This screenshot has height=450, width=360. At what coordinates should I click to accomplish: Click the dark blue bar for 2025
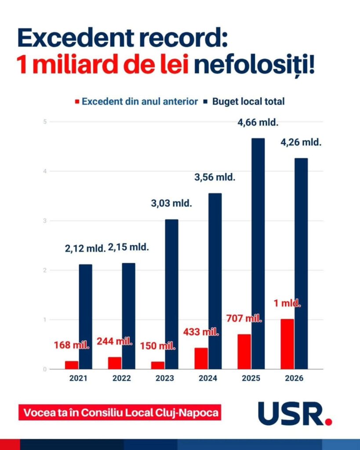coord(258,254)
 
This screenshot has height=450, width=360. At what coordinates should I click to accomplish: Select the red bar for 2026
coord(287,344)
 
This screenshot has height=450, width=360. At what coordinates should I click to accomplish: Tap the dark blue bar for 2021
coord(86,316)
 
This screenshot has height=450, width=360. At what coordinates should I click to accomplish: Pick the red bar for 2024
coord(201,358)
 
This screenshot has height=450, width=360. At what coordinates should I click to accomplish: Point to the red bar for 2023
coord(158,365)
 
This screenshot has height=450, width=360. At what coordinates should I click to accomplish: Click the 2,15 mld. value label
coord(128,247)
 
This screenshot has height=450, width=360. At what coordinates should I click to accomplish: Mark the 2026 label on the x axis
coord(294,379)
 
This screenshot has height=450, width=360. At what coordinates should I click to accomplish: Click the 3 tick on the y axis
coord(44,221)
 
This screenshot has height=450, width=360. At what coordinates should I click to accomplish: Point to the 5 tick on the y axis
coord(44,122)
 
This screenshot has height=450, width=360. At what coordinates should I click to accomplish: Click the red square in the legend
coord(77,102)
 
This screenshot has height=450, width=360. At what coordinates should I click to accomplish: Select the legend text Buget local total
coord(248,102)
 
